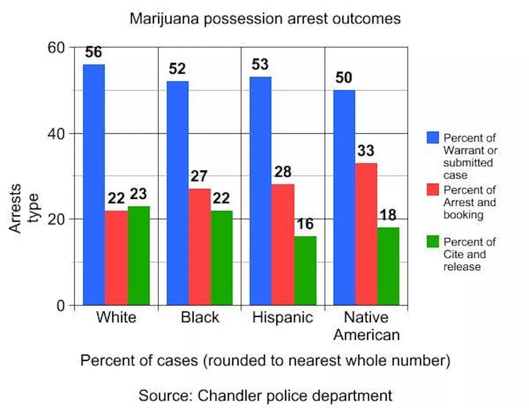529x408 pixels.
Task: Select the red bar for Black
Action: tap(199, 247)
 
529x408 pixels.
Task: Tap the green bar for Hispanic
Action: tap(305, 270)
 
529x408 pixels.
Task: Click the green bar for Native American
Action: tap(388, 266)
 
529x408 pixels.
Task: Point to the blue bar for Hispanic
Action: tap(260, 191)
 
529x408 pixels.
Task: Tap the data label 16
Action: tap(305, 224)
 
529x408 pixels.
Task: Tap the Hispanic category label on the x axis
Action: tap(282, 318)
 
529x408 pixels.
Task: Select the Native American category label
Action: tap(366, 326)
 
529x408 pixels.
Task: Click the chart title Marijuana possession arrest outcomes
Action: tap(265, 19)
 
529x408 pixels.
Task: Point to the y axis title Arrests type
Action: tap(24, 208)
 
